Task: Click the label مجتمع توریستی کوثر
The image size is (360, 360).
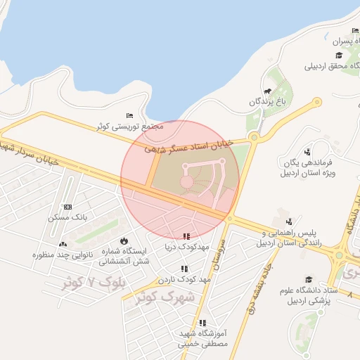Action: (130, 127)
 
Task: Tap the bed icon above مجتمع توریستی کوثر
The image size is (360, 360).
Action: (129, 115)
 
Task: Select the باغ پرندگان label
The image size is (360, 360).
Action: (269, 103)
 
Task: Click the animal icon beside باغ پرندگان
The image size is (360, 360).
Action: (267, 91)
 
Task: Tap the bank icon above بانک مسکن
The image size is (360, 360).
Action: (67, 207)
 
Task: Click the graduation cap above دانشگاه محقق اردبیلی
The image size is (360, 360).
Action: (338, 56)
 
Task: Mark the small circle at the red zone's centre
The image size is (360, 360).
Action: (186, 182)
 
